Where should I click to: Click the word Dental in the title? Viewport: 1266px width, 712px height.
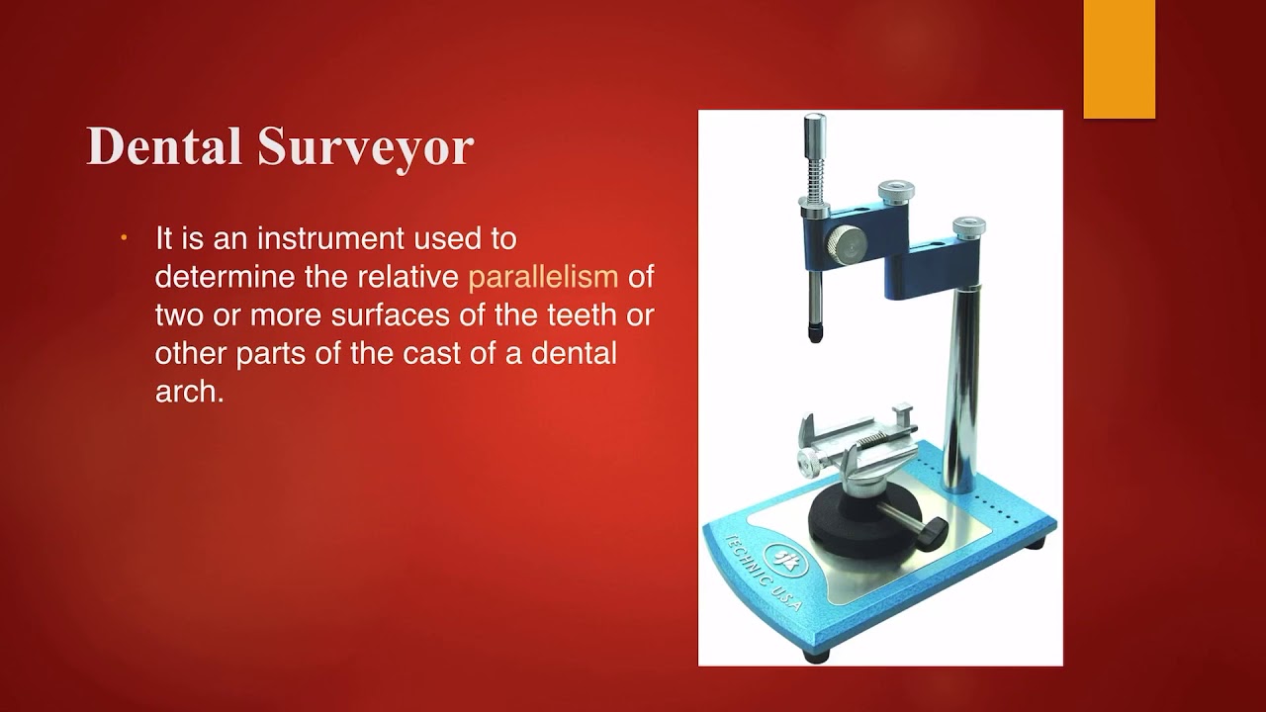[x=164, y=146]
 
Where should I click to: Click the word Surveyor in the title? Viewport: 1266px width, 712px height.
[x=366, y=146]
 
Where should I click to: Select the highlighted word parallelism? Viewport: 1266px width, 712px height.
[x=543, y=277]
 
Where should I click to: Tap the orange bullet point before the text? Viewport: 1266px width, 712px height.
[x=125, y=239]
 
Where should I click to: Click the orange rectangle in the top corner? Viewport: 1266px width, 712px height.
[x=1119, y=59]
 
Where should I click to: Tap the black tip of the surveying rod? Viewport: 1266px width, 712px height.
[x=816, y=333]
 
